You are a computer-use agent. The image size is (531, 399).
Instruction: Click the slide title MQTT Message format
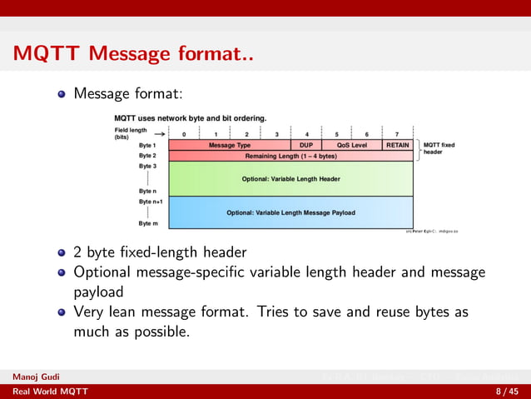pos(133,56)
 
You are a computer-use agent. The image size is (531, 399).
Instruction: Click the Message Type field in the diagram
pos(229,145)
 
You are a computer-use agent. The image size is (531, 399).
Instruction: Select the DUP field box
pos(305,145)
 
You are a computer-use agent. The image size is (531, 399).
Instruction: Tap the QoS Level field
pos(351,145)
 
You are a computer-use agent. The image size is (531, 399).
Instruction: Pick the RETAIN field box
pos(397,145)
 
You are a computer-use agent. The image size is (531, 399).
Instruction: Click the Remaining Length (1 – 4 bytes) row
pos(290,156)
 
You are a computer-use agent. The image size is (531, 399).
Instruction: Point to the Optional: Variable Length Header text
pos(290,178)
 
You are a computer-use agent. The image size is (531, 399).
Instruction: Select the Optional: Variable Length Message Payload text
pos(290,212)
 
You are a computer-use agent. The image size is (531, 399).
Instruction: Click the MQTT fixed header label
pos(439,148)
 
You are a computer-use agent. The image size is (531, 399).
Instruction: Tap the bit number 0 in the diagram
pos(184,134)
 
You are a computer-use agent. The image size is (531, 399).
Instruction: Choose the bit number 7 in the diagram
pos(396,134)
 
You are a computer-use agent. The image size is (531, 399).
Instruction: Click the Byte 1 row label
pos(147,145)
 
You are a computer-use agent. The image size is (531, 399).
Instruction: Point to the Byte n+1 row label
pos(151,202)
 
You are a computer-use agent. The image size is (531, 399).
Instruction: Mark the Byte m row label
pos(148,223)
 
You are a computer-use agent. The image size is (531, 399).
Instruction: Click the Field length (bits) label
pos(130,133)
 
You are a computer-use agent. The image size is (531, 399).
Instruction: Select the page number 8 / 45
pos(508,392)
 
